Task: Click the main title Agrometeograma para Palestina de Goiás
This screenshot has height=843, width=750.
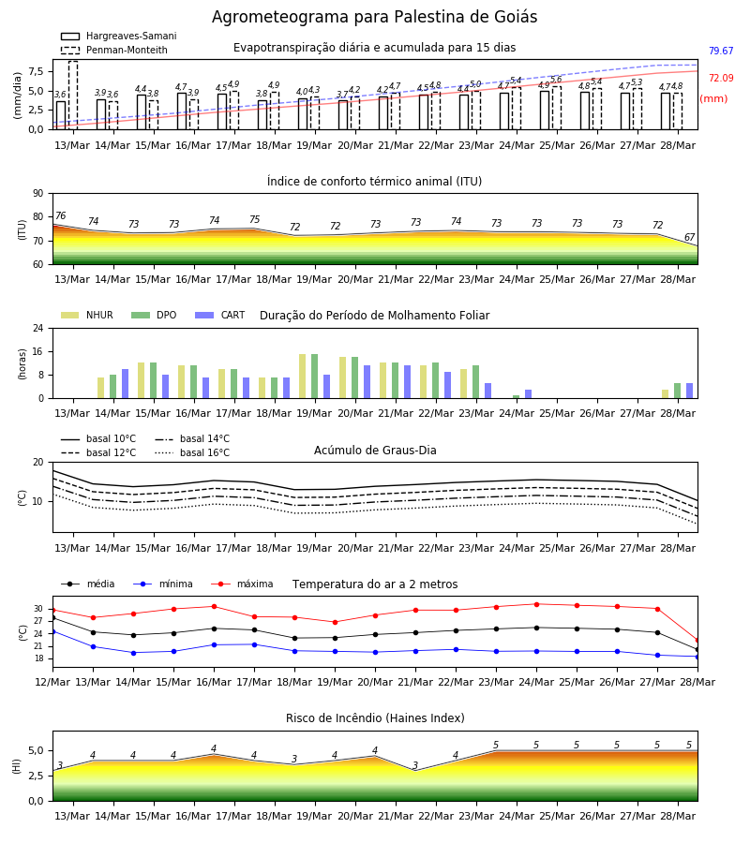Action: pos(374,17)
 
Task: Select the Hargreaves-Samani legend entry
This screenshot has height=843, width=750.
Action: pos(118,36)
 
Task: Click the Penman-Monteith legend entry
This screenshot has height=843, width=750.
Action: pos(114,50)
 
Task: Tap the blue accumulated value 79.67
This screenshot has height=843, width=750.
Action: pos(721,52)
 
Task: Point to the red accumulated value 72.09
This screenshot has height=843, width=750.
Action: pos(721,78)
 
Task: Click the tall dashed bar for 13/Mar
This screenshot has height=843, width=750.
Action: pos(73,96)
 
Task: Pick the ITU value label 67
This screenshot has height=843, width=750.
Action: pos(689,237)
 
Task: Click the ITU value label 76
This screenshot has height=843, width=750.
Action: pos(60,215)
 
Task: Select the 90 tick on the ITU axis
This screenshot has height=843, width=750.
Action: pos(38,194)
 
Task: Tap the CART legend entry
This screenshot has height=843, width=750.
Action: pos(220,315)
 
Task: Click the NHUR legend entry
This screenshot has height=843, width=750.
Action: pos(87,315)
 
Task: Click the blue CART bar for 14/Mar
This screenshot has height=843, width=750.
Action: pos(126,384)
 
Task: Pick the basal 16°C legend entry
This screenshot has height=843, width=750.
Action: pos(192,452)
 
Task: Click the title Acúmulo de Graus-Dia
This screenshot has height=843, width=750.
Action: pos(375,451)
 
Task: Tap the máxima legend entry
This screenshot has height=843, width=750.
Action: pos(242,584)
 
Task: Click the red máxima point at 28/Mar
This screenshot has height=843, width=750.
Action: pos(697,641)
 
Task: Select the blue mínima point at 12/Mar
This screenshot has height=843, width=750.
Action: pos(52,631)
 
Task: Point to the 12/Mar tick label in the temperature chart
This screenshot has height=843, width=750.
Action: pos(52,682)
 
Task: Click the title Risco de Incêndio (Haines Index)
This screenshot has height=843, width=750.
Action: pos(375,718)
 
